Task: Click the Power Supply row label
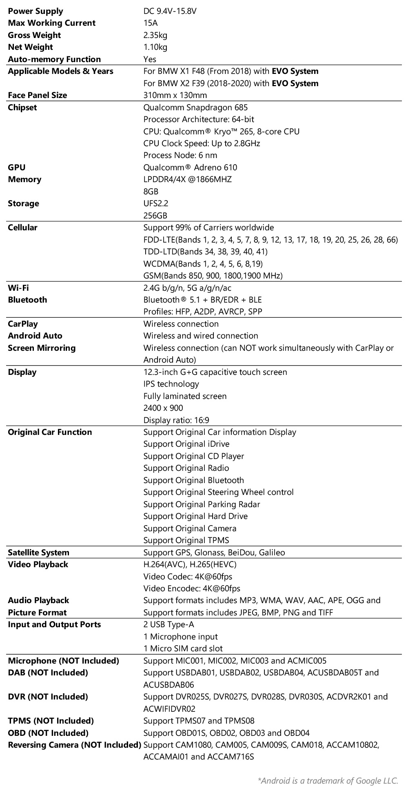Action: pyautogui.click(x=35, y=11)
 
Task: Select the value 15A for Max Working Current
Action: pyautogui.click(x=150, y=23)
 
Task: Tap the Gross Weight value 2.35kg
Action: pyautogui.click(x=155, y=35)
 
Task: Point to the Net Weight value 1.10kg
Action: pyautogui.click(x=155, y=47)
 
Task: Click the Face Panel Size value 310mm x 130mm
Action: pyautogui.click(x=175, y=95)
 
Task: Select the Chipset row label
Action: pyautogui.click(x=22, y=107)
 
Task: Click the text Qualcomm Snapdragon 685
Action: pyautogui.click(x=195, y=107)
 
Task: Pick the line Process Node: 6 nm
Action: pyautogui.click(x=180, y=155)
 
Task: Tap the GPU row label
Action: pyautogui.click(x=17, y=167)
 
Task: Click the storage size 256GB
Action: pyautogui.click(x=155, y=216)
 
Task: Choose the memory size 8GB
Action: pyautogui.click(x=151, y=192)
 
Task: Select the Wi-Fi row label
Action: pyautogui.click(x=18, y=288)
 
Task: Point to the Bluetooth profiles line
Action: pyautogui.click(x=203, y=312)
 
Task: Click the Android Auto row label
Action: pyautogui.click(x=35, y=336)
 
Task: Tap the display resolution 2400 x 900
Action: pyautogui.click(x=163, y=408)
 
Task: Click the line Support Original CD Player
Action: pyautogui.click(x=194, y=456)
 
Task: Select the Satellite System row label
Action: pyautogui.click(x=39, y=552)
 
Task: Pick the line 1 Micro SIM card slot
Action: pyautogui.click(x=183, y=648)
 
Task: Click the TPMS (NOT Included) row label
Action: pyautogui.click(x=51, y=721)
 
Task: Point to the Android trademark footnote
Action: pyautogui.click(x=328, y=781)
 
